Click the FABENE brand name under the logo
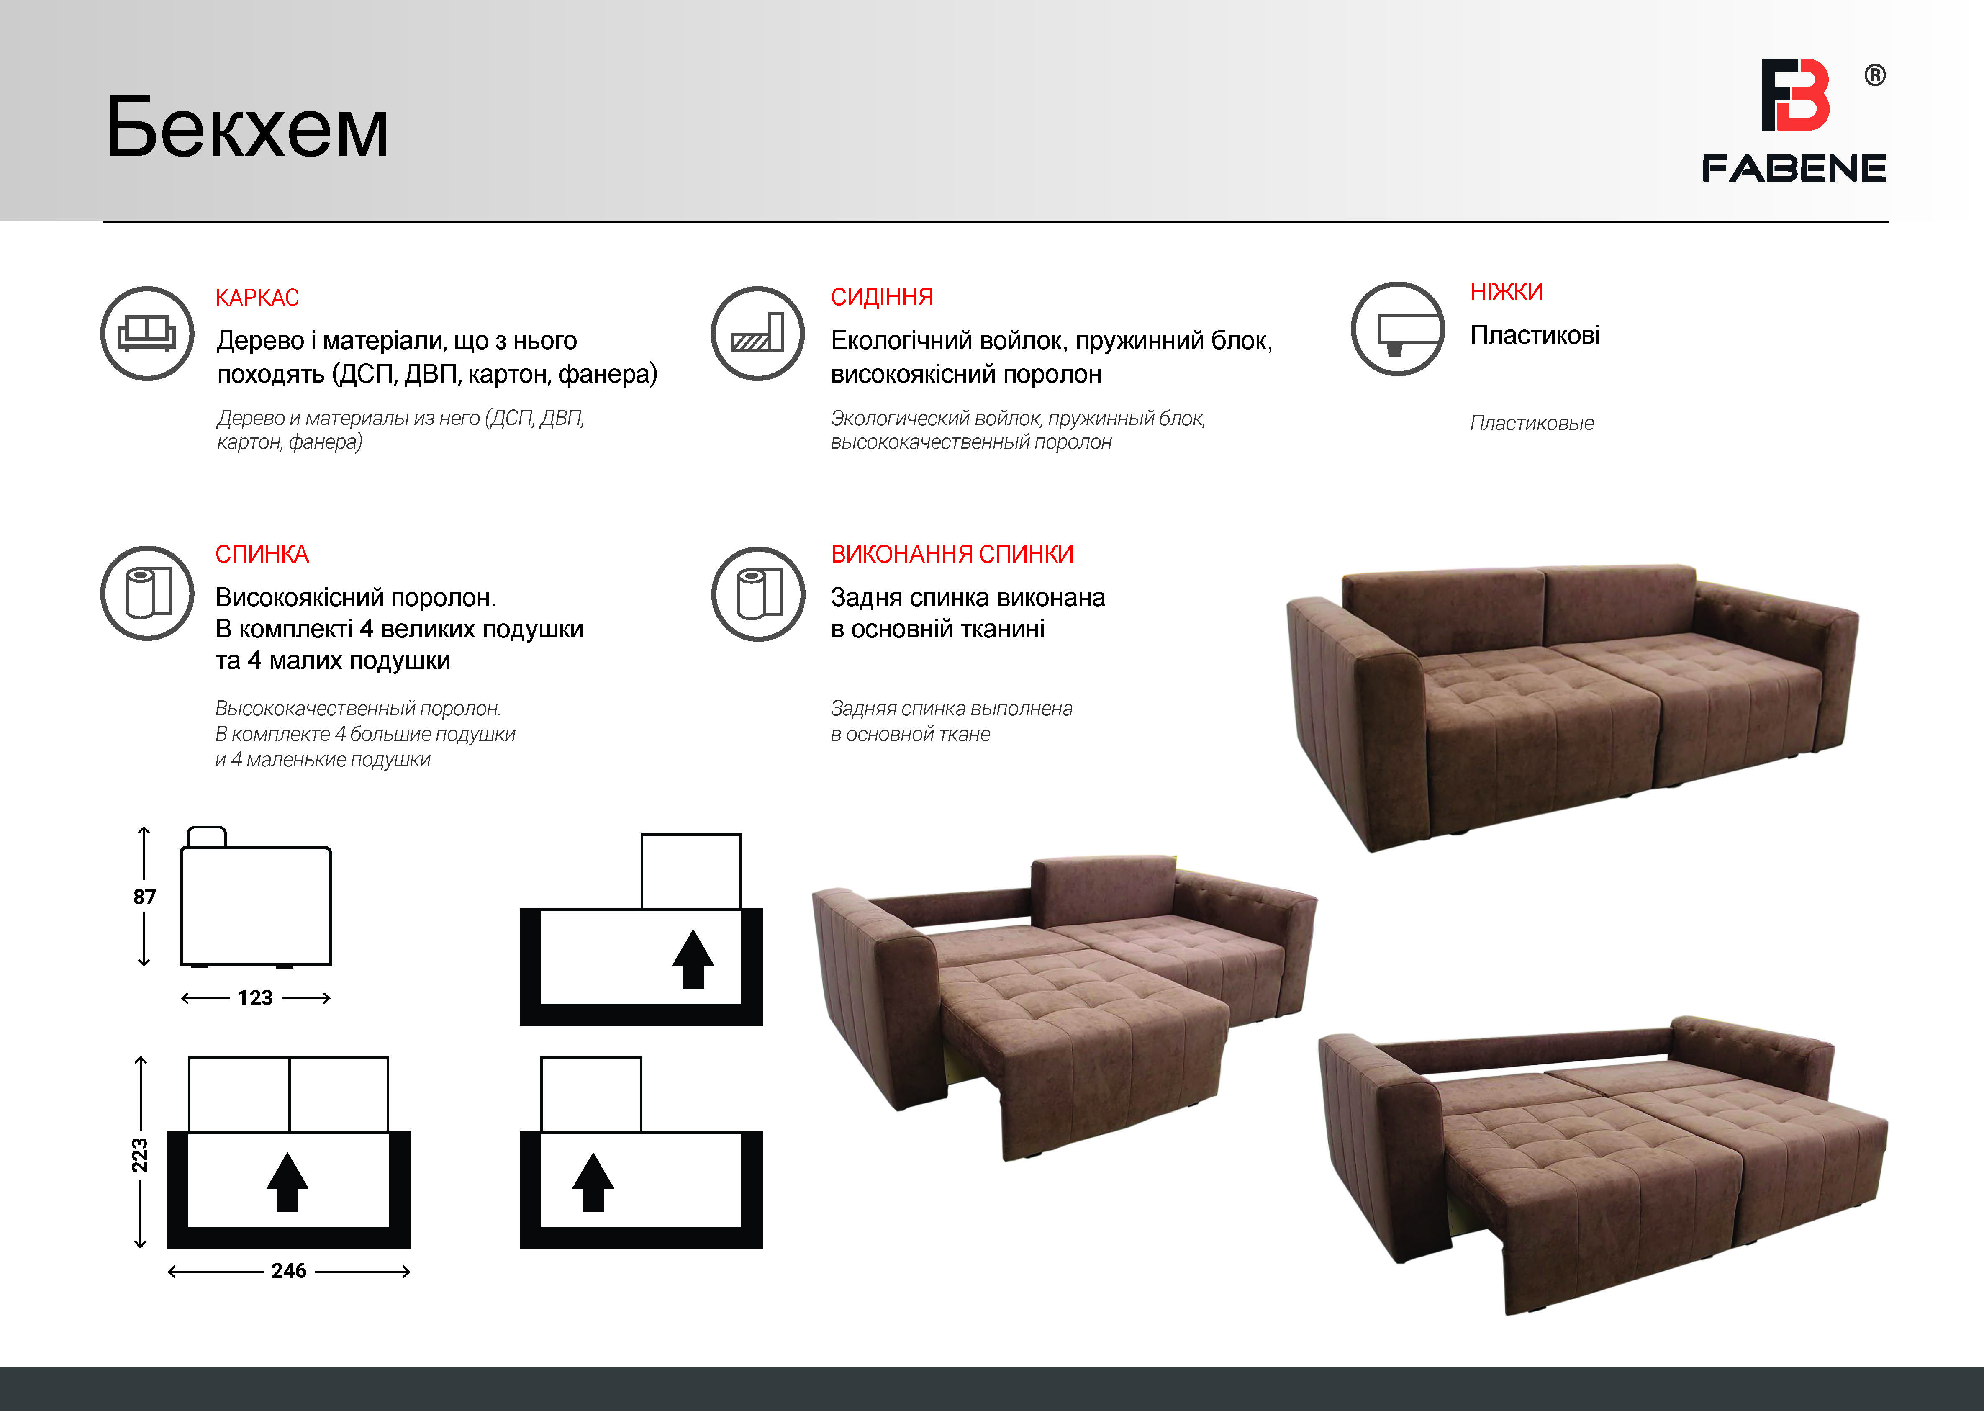[1794, 169]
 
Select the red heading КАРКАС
[257, 298]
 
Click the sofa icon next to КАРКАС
[147, 334]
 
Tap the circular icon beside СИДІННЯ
[757, 334]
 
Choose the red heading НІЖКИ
[1506, 292]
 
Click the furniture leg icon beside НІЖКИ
[1398, 329]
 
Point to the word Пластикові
[1535, 335]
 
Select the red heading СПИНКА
[262, 554]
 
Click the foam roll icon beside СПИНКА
[147, 594]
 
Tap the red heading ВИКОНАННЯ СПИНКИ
[952, 554]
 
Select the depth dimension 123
[255, 998]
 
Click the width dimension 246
[289, 1271]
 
